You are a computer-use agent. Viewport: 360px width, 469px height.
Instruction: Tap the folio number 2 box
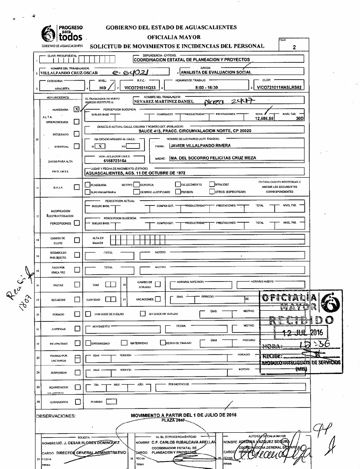click(293, 46)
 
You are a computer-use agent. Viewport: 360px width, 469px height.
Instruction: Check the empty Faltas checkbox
click(77, 285)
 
